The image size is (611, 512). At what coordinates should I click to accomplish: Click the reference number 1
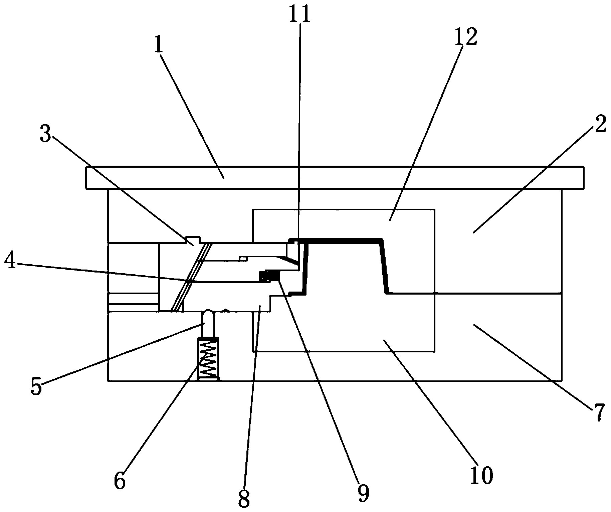(159, 48)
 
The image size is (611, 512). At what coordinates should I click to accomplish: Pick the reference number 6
(119, 481)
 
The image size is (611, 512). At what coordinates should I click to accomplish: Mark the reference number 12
(465, 37)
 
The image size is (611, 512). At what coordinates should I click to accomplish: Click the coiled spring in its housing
(209, 358)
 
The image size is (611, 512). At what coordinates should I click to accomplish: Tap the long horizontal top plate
(335, 177)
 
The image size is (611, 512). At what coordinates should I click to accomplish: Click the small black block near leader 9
(269, 276)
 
